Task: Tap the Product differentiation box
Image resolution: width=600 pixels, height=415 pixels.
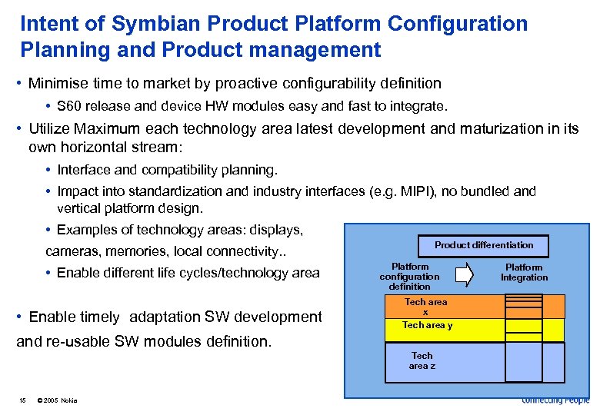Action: (x=483, y=245)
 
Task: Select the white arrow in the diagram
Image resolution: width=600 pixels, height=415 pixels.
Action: (x=465, y=274)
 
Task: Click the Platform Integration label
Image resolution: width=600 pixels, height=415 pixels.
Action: (x=524, y=273)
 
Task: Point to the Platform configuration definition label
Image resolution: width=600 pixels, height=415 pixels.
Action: (x=409, y=277)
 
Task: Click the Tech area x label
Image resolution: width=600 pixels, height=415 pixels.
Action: (x=425, y=307)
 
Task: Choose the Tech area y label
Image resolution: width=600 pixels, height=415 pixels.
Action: (x=427, y=325)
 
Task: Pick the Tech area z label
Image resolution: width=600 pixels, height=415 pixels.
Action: (x=422, y=360)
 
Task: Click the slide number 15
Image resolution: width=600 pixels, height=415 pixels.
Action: (x=23, y=400)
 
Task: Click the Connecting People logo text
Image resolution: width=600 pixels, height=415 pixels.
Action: (x=555, y=400)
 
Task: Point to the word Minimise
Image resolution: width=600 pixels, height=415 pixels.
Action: (x=58, y=83)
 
